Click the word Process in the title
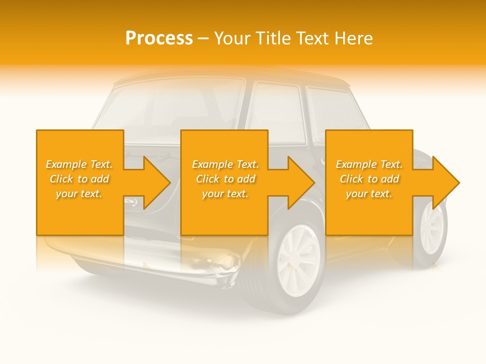(159, 38)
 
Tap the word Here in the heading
(352, 38)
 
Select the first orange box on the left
(79, 183)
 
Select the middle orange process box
(224, 183)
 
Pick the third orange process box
(369, 183)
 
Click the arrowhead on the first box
(157, 183)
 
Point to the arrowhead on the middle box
(301, 183)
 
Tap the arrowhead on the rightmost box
(445, 183)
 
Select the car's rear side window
(332, 111)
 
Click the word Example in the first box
(66, 164)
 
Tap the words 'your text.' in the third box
(369, 194)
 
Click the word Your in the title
(233, 38)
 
